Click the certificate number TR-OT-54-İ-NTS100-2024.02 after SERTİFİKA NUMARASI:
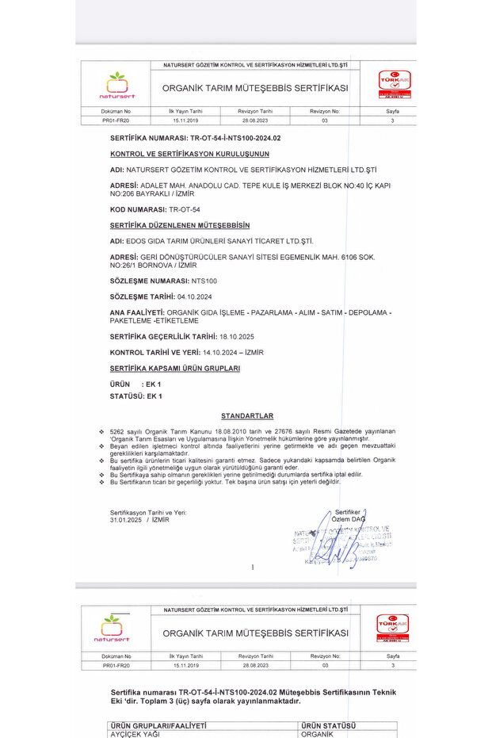click(x=228, y=138)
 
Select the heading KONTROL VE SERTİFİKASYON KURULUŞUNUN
click(x=189, y=153)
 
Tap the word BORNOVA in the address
click(x=162, y=266)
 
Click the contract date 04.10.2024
click(x=195, y=296)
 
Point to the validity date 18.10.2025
click(x=236, y=336)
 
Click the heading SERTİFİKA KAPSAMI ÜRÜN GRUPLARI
click(x=175, y=369)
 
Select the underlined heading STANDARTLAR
click(x=247, y=415)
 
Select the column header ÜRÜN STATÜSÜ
click(x=329, y=725)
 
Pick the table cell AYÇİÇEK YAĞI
click(x=135, y=734)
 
